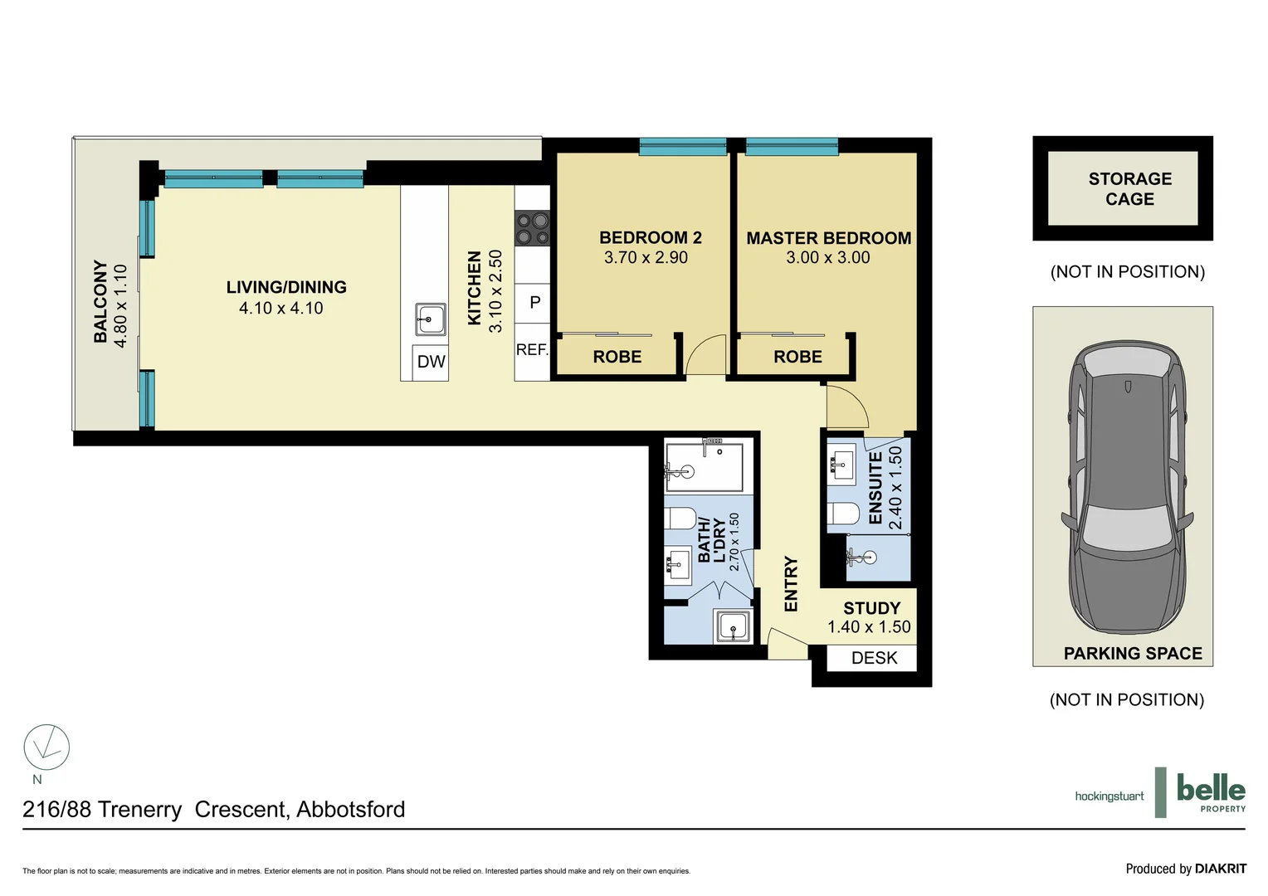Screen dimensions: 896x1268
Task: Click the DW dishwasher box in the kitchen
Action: click(x=431, y=362)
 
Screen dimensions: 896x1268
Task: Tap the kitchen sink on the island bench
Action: click(x=430, y=319)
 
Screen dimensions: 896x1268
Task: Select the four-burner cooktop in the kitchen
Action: click(x=532, y=228)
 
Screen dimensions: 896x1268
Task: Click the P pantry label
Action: click(x=534, y=303)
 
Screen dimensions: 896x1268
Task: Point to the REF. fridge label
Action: click(x=532, y=349)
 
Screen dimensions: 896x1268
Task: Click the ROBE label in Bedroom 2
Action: click(x=617, y=357)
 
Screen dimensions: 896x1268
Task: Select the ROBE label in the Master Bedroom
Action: click(x=797, y=357)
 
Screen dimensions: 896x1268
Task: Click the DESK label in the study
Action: click(x=874, y=658)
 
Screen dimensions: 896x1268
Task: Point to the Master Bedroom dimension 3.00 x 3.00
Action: click(x=827, y=258)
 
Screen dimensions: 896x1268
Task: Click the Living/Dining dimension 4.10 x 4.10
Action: click(x=280, y=309)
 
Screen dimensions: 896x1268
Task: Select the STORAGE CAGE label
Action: click(x=1129, y=189)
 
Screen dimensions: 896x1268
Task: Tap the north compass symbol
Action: click(x=46, y=747)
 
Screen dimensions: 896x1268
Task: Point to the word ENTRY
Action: click(x=791, y=584)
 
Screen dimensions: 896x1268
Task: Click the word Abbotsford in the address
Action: click(x=350, y=810)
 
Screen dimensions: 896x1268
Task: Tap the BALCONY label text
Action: click(x=100, y=301)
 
